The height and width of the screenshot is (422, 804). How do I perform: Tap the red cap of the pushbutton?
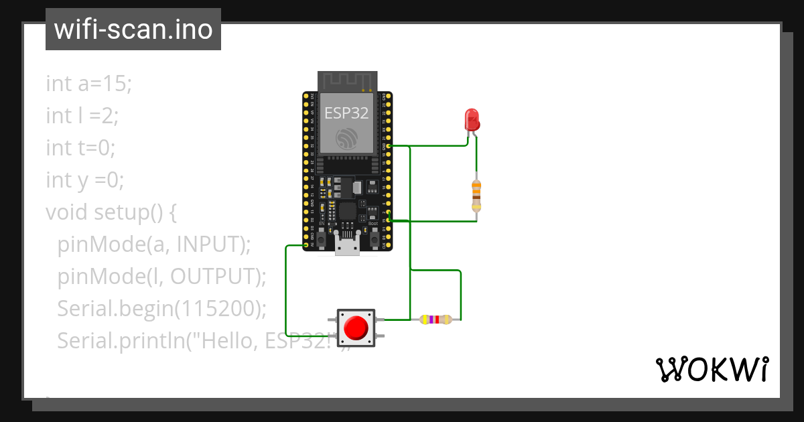[x=355, y=328]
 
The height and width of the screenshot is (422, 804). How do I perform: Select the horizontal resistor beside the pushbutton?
[x=436, y=320]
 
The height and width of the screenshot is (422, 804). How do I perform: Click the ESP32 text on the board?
[x=346, y=113]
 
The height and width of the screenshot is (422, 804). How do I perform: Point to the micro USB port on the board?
[x=346, y=247]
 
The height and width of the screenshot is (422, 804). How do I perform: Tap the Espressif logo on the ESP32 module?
[x=346, y=139]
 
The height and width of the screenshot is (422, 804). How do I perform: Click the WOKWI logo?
[x=711, y=369]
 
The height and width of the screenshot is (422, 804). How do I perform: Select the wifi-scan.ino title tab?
[x=133, y=29]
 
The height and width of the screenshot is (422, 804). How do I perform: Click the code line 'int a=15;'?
[x=89, y=84]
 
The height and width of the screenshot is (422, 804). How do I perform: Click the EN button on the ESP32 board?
[x=321, y=238]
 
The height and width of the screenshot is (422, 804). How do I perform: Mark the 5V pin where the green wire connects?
[x=306, y=245]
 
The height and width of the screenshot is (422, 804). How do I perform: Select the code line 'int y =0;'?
[x=85, y=180]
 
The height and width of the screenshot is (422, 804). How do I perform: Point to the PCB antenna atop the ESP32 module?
[x=346, y=80]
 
